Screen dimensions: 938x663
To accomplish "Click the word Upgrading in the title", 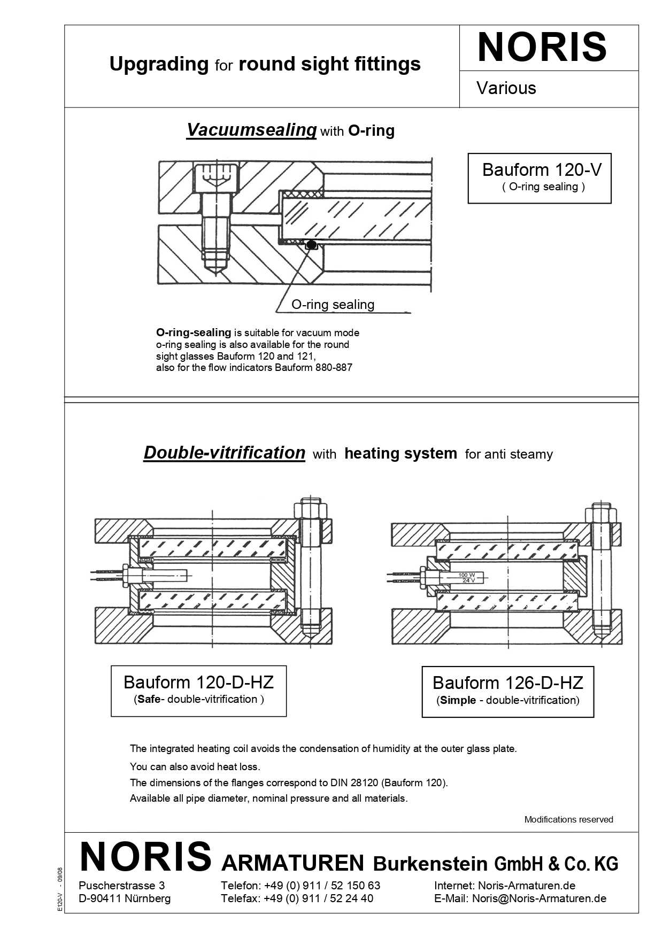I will [x=159, y=64].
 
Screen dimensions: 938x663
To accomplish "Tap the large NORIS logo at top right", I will [x=542, y=48].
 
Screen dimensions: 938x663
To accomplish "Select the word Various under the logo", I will [x=506, y=88].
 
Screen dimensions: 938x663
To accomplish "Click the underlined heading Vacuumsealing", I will [x=251, y=130].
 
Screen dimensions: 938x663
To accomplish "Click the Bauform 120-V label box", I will [x=539, y=178].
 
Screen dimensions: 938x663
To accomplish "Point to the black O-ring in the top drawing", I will [x=311, y=245].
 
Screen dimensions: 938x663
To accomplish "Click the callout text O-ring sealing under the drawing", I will [x=333, y=305].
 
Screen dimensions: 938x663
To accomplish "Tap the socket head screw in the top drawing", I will [x=217, y=214].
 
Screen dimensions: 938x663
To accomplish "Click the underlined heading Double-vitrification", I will [x=224, y=453].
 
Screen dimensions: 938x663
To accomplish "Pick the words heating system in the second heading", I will [x=400, y=454].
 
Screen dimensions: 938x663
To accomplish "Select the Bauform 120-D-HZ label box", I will [x=198, y=690].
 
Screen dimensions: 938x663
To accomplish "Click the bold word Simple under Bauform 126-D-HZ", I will [x=458, y=700].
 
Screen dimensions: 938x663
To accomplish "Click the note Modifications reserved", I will [x=568, y=819].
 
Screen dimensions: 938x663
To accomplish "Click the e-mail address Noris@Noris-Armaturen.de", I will [x=539, y=898].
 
